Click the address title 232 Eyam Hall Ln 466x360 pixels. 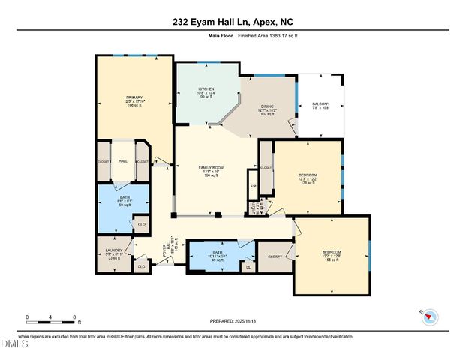click(233, 10)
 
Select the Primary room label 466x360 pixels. click(133, 100)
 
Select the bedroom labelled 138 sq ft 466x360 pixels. click(308, 178)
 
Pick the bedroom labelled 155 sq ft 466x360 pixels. click(332, 255)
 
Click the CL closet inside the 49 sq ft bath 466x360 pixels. click(248, 265)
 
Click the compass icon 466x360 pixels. click(430, 317)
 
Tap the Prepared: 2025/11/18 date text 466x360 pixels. click(233, 321)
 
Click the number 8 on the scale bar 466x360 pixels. click(74, 318)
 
